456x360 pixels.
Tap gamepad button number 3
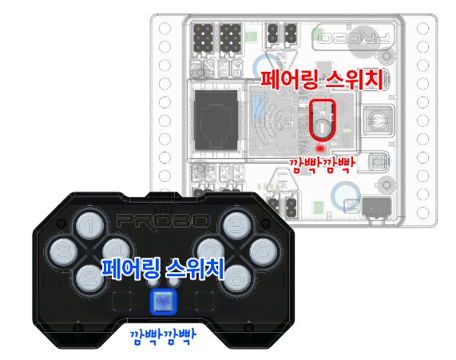[63, 251]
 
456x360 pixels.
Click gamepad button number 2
[90, 278]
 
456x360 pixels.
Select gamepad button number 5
[236, 226]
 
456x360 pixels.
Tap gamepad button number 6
[236, 279]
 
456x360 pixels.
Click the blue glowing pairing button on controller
[163, 302]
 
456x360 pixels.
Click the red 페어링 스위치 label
[321, 79]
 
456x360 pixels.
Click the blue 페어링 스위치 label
[163, 269]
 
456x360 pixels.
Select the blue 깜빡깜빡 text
[163, 337]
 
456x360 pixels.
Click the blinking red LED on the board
[320, 148]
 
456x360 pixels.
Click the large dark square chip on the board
[216, 121]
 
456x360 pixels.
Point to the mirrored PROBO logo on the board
[354, 38]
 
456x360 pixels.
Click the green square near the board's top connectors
[251, 37]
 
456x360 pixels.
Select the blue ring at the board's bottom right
[346, 195]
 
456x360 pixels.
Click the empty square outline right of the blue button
[205, 301]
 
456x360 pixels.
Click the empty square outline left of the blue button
[122, 301]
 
